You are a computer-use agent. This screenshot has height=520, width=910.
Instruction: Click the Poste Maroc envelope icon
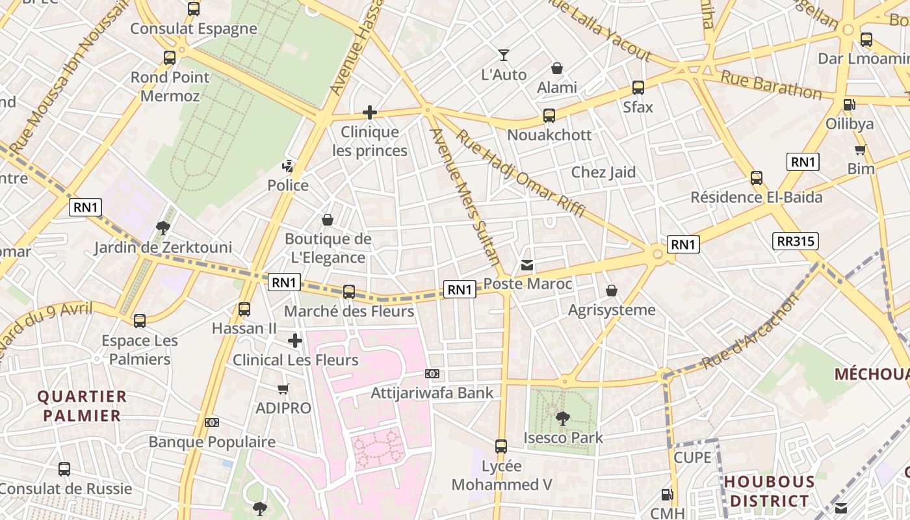tap(527, 265)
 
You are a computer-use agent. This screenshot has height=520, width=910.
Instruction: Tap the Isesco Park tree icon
tap(562, 418)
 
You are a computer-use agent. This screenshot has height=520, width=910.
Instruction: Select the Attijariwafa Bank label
tap(432, 393)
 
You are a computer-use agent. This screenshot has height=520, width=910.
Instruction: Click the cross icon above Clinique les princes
tap(370, 112)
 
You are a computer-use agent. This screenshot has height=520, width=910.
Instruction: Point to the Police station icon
tap(288, 166)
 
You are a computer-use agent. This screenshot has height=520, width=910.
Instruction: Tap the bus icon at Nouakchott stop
tap(549, 116)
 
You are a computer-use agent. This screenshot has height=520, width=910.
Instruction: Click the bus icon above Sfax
tap(638, 88)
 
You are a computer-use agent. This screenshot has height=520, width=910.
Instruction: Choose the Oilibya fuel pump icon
tap(849, 104)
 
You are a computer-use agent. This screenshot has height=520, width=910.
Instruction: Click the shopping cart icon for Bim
tap(861, 150)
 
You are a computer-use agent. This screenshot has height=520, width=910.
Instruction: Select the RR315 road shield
tap(796, 241)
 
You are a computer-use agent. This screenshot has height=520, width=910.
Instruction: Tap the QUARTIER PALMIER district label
tap(81, 406)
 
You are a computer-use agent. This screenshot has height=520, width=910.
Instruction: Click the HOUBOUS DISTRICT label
tap(770, 491)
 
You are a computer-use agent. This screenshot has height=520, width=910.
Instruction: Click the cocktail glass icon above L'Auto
tap(504, 55)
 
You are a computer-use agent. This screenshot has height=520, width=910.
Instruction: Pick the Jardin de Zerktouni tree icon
tap(163, 227)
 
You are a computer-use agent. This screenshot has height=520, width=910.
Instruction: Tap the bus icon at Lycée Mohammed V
tap(501, 447)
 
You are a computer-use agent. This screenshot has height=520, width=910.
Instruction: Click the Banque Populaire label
tap(212, 442)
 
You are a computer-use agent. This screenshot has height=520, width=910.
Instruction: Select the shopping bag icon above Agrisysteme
tap(612, 291)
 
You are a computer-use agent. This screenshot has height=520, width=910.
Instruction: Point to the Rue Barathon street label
tap(771, 84)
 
